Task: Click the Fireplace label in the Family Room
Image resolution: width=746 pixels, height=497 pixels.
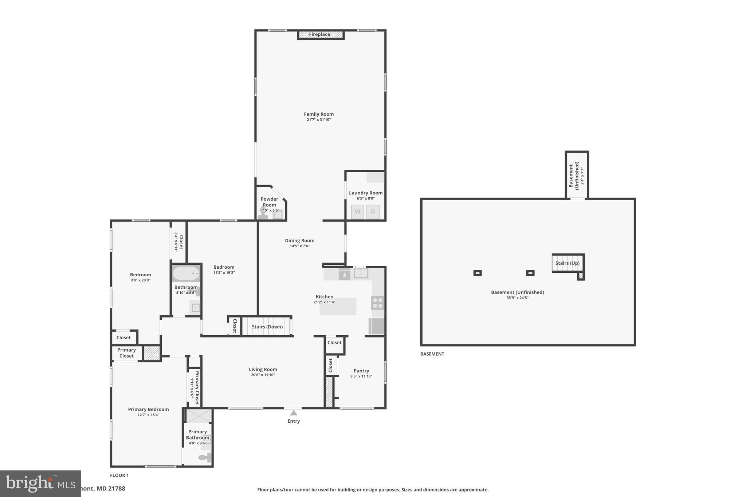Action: pyautogui.click(x=319, y=35)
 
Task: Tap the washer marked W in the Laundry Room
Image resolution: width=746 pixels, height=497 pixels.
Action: pyautogui.click(x=357, y=212)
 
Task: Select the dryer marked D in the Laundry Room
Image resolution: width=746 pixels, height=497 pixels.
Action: pyautogui.click(x=373, y=212)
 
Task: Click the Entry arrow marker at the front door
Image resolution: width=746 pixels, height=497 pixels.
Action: pyautogui.click(x=294, y=413)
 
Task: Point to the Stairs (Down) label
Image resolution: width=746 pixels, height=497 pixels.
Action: pyautogui.click(x=267, y=327)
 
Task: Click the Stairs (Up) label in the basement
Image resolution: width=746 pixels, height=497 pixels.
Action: pyautogui.click(x=567, y=263)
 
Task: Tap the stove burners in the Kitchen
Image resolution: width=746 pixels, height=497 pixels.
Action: pyautogui.click(x=378, y=303)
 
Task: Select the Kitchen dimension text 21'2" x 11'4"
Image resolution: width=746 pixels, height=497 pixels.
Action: pyautogui.click(x=324, y=302)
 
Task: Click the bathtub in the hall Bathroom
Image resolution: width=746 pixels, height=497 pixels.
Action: pyautogui.click(x=186, y=273)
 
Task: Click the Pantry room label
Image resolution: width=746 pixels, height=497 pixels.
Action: pyautogui.click(x=361, y=371)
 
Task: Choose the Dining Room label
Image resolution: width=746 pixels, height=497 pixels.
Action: pyautogui.click(x=299, y=241)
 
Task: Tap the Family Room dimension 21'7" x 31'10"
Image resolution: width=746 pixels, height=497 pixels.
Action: pyautogui.click(x=319, y=120)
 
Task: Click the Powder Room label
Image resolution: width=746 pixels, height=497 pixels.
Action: pyautogui.click(x=269, y=202)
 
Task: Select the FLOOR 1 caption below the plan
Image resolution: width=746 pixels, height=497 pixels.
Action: pyautogui.click(x=119, y=475)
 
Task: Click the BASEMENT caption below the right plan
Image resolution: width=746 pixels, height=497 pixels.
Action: pyautogui.click(x=432, y=354)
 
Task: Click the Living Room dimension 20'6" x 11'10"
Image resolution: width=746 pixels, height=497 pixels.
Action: pyautogui.click(x=263, y=375)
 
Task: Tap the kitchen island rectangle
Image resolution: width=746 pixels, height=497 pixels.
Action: pyautogui.click(x=338, y=307)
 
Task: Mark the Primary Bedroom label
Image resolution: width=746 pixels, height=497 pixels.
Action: pyautogui.click(x=148, y=410)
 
